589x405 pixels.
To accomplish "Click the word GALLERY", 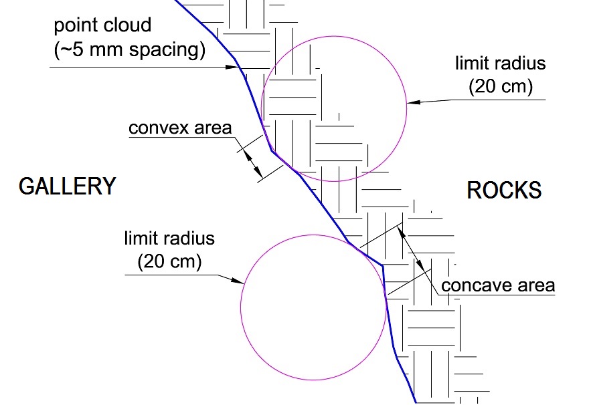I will click(67, 186).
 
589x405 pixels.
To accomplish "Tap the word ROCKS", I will click(504, 190).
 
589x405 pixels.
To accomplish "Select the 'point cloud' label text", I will click(103, 26).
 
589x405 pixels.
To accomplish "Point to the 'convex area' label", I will click(180, 128).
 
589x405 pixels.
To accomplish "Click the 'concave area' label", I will click(499, 286).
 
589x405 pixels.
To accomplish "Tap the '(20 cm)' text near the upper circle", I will click(501, 87).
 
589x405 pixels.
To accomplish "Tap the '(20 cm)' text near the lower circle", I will click(169, 262).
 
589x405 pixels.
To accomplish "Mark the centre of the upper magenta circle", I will click(335, 106).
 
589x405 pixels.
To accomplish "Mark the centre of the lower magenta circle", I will click(314, 308).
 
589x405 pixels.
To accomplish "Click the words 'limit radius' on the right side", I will click(501, 64).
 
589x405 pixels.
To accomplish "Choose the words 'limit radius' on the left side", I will click(169, 239).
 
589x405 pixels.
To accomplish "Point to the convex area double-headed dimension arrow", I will click(251, 158).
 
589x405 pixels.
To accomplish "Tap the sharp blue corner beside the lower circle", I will click(382, 266).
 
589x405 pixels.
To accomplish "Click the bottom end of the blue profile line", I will click(415, 402).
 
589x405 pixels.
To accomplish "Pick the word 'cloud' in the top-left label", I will click(128, 26).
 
